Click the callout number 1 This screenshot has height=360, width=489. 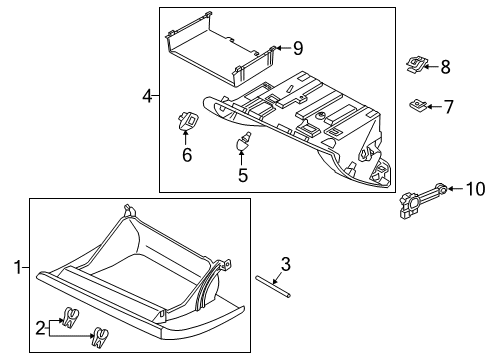point(15,267)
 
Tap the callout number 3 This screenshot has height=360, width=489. point(285,265)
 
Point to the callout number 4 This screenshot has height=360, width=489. point(147,96)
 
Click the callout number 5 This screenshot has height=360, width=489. point(241,174)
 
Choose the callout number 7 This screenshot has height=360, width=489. point(447,105)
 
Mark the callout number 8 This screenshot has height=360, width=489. point(445,67)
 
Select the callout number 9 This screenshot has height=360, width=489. point(297,47)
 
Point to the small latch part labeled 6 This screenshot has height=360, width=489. point(186,120)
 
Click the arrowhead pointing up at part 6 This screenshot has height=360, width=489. point(186,133)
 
